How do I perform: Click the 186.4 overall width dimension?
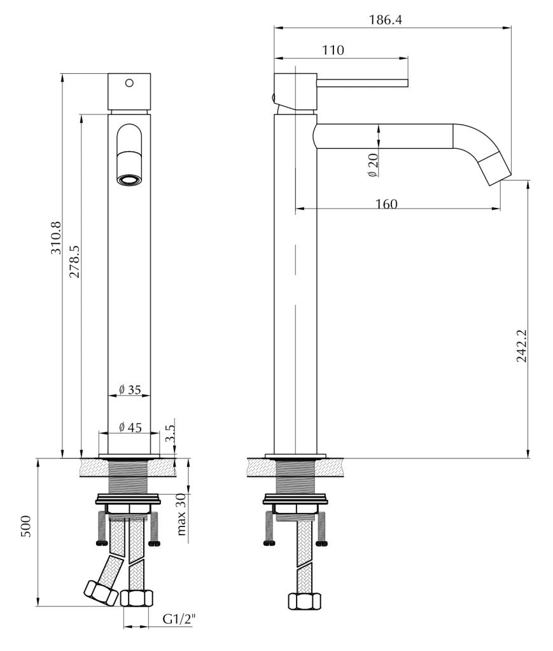point(386,20)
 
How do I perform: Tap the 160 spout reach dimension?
point(386,204)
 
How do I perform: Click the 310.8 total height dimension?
point(55,238)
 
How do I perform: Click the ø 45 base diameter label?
point(130,428)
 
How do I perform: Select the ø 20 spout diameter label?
point(374,165)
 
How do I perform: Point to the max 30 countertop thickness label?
point(182,514)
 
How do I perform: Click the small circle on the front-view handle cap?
point(130,83)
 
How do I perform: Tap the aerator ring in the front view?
point(130,180)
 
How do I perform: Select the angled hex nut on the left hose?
point(100,592)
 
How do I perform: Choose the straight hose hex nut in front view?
point(136,599)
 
